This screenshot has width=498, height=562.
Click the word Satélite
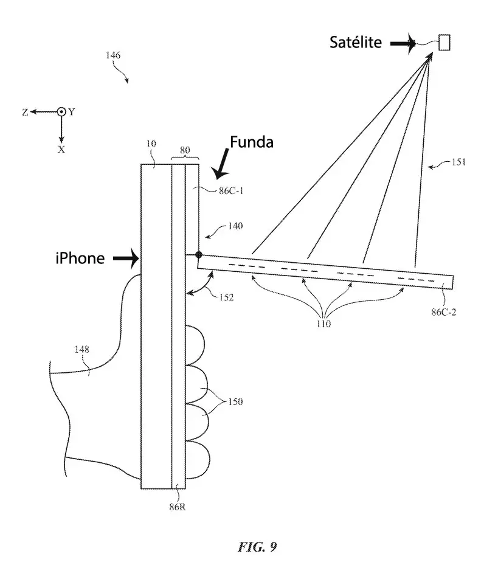pyautogui.click(x=356, y=42)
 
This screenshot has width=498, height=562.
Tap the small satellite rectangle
pyautogui.click(x=444, y=42)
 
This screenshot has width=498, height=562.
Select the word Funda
pyautogui.click(x=251, y=142)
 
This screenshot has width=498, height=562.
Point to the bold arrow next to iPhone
pyautogui.click(x=126, y=259)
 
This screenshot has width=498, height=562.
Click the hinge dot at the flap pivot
pyautogui.click(x=198, y=254)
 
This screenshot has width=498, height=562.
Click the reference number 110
pyautogui.click(x=323, y=324)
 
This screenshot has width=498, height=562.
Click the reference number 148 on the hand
pyautogui.click(x=81, y=349)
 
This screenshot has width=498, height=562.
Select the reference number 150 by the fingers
pyautogui.click(x=235, y=401)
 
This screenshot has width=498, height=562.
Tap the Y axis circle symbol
pyautogui.click(x=61, y=112)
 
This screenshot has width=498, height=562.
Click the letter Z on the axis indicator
pyautogui.click(x=25, y=112)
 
